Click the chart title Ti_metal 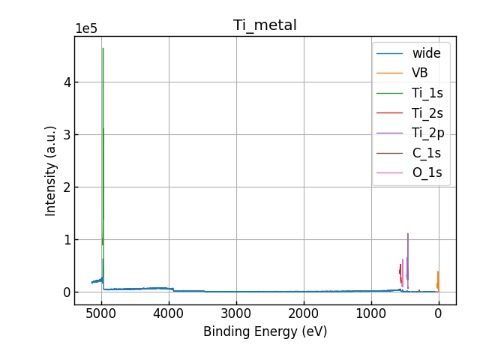tap(265, 25)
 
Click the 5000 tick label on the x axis tap(101, 314)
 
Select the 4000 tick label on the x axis tap(169, 314)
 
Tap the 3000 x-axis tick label tap(236, 314)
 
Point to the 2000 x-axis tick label tap(304, 314)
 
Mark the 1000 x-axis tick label tap(370, 314)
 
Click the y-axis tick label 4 tap(67, 82)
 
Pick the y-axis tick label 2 tap(67, 187)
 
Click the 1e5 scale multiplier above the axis tap(86, 29)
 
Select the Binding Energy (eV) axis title tap(265, 331)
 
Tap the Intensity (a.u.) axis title tap(51, 171)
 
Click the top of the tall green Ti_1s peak tap(103, 49)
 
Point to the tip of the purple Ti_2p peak tap(408, 233)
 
